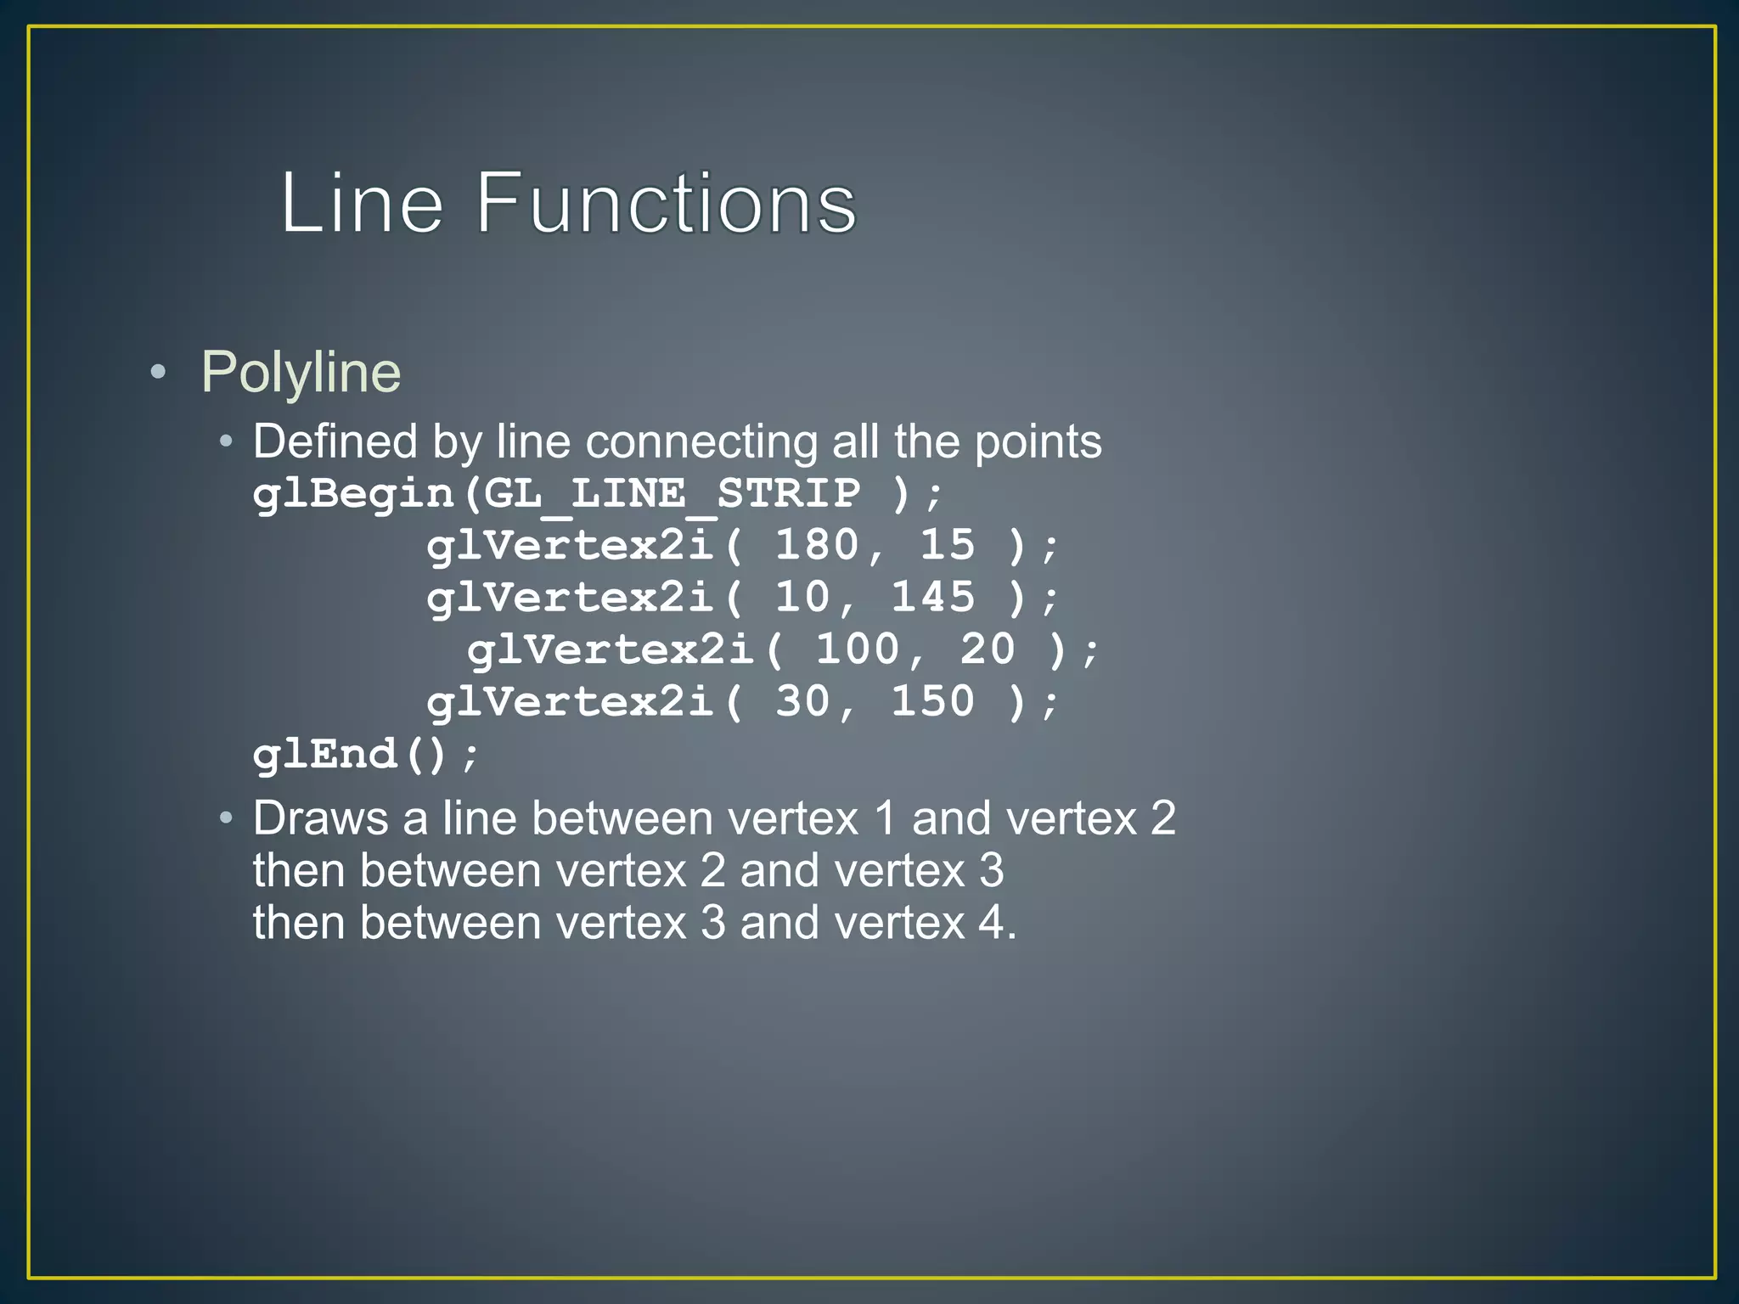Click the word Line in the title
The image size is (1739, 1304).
[362, 204]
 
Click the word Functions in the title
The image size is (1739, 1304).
[666, 204]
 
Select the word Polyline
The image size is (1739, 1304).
[301, 372]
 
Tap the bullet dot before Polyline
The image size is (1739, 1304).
[157, 372]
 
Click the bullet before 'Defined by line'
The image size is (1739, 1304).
[225, 441]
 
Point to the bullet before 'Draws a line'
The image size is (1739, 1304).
[225, 818]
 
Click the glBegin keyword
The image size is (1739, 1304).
[353, 494]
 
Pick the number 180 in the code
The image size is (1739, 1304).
[817, 545]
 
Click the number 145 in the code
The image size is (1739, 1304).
[932, 598]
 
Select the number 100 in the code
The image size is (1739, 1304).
[857, 649]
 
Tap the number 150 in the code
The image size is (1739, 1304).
[932, 702]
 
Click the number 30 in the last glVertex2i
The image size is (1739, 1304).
[802, 702]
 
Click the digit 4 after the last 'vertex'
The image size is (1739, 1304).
[991, 923]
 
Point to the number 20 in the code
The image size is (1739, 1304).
[988, 649]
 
